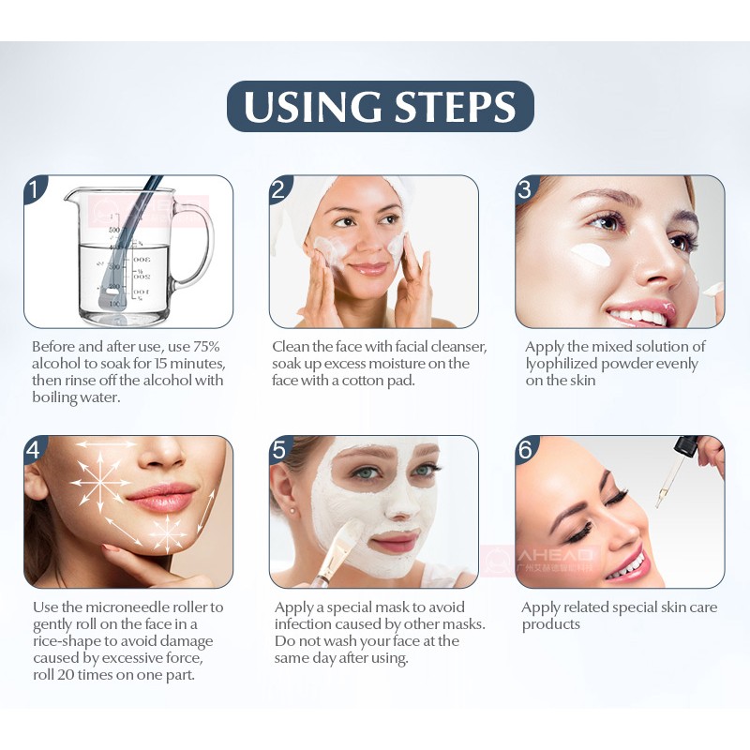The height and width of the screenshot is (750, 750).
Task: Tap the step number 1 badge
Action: click(35, 188)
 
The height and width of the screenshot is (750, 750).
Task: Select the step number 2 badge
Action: click(279, 188)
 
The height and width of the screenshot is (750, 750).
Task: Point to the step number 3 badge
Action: click(526, 188)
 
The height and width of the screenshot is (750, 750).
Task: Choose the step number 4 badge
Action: click(35, 449)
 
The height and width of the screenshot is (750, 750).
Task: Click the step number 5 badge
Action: click(279, 449)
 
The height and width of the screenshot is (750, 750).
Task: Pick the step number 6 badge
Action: click(526, 449)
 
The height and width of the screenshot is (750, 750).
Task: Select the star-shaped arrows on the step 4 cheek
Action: click(101, 480)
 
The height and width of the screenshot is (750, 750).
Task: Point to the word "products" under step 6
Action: click(551, 624)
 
